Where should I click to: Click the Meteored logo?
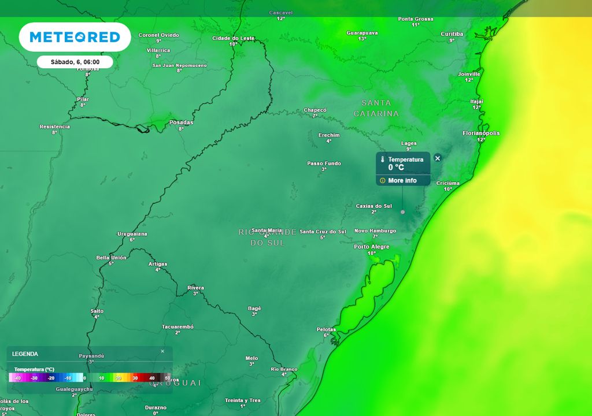(x=75, y=38)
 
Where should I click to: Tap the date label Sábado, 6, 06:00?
(x=75, y=62)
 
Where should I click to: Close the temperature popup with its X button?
(x=438, y=158)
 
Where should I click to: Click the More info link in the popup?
(x=402, y=181)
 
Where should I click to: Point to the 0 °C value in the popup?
(x=396, y=168)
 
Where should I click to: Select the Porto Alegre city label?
(x=371, y=247)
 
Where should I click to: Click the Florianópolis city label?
(x=481, y=133)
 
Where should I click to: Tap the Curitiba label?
(x=452, y=34)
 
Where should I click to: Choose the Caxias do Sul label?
(x=373, y=206)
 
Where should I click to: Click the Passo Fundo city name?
(x=324, y=164)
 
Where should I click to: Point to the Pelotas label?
(x=326, y=329)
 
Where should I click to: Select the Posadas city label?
(x=181, y=122)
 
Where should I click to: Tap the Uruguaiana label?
(x=132, y=234)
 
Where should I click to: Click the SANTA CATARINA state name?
(x=376, y=108)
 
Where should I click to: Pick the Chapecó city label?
(x=315, y=110)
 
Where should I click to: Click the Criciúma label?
(x=448, y=183)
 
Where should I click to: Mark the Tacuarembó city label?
(x=177, y=327)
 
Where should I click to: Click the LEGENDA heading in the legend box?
(x=25, y=354)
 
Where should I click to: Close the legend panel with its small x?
(x=162, y=351)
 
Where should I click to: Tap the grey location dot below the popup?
(x=403, y=212)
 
